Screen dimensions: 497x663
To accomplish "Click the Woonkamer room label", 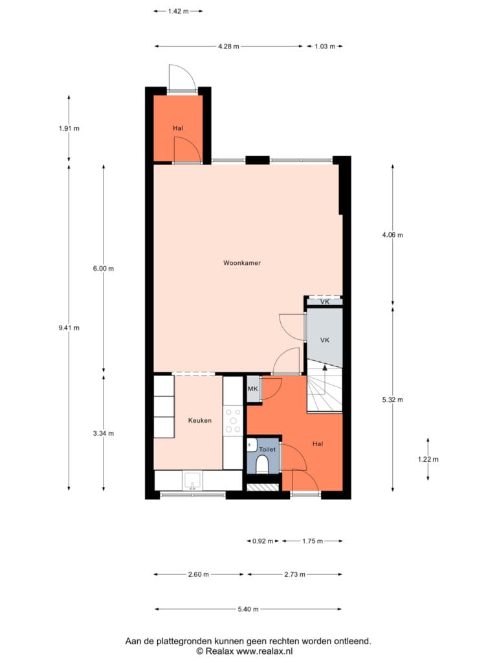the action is [242, 263].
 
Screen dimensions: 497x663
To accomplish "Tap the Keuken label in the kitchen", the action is [199, 420].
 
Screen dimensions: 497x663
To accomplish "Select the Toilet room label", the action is [267, 449].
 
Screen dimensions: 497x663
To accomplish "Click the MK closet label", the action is [253, 388].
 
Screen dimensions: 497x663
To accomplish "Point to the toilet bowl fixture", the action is [261, 464].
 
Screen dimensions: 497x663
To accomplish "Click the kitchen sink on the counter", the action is [193, 481].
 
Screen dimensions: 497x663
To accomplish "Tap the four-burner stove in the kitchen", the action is [233, 421].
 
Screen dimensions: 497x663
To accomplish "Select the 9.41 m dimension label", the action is [69, 328].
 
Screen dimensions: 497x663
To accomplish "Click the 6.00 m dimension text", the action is [104, 269].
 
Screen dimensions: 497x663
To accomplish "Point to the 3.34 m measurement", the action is [104, 433].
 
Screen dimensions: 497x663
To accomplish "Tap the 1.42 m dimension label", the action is [179, 12].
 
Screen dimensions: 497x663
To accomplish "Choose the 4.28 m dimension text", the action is [228, 47].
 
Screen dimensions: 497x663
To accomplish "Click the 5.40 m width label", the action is [248, 609].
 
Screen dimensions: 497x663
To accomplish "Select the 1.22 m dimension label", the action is [428, 459].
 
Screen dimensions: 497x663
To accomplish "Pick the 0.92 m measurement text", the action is [263, 541].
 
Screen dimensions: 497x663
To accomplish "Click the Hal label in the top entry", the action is [178, 128].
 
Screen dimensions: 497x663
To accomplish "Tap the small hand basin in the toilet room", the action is [251, 445].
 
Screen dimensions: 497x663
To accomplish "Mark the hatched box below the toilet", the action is [263, 487].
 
